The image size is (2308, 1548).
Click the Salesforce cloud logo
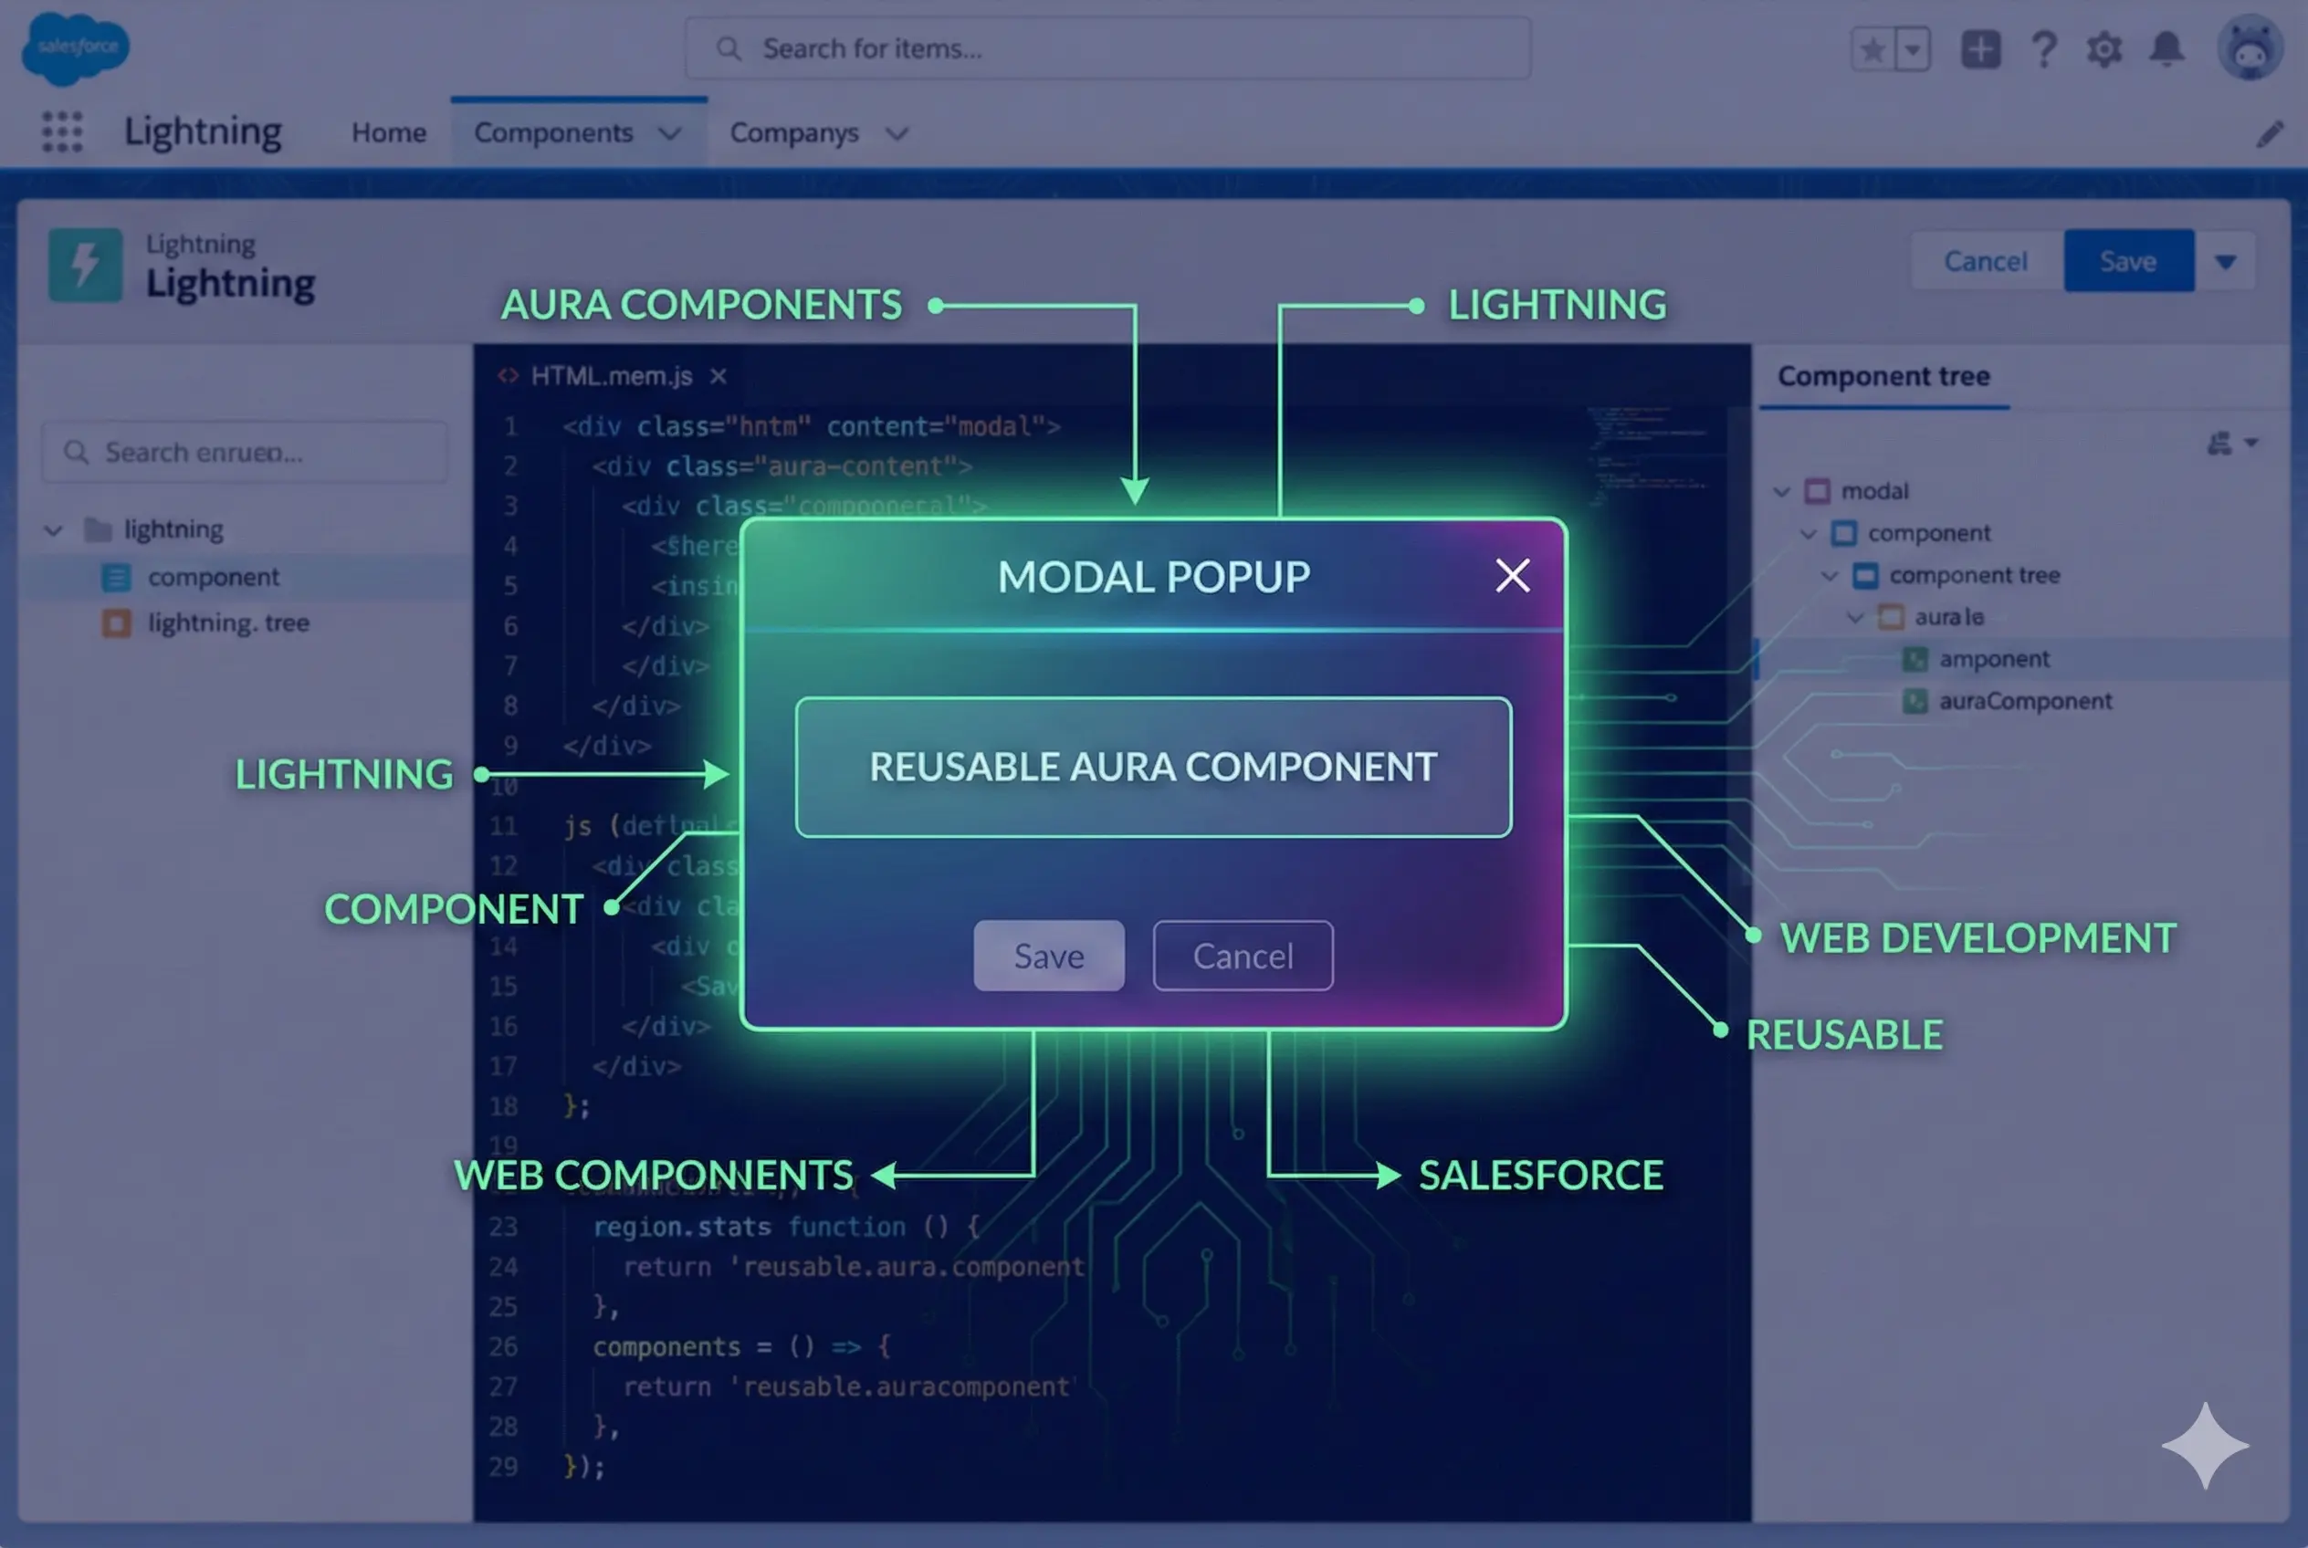(x=75, y=47)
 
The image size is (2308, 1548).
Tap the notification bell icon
(x=2166, y=48)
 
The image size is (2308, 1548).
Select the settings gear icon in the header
(x=2103, y=48)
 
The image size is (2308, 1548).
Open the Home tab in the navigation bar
(x=389, y=132)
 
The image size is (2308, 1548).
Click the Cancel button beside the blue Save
(x=1985, y=261)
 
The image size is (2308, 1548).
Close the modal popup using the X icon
(x=1512, y=576)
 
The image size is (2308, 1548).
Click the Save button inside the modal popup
(x=1048, y=956)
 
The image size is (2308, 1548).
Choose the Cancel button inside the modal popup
(x=1243, y=956)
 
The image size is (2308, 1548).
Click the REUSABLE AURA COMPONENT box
(x=1152, y=767)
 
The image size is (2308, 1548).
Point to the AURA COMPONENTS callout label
(x=701, y=305)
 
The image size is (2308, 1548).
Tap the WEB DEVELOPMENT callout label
(x=1978, y=938)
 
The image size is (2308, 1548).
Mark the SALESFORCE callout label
(x=1540, y=1175)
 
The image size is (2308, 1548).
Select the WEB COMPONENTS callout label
(x=653, y=1175)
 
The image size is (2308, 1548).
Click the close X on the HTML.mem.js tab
(x=718, y=376)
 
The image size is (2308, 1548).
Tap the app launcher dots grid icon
(x=62, y=131)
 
